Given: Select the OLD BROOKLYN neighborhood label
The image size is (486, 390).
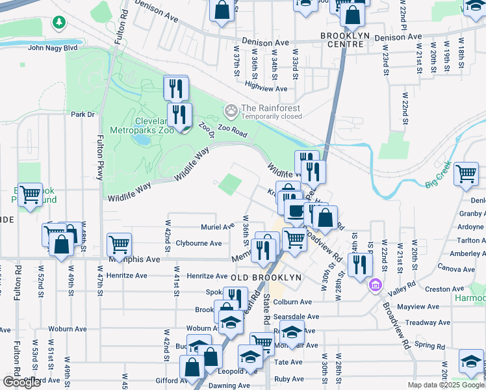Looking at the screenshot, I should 266,278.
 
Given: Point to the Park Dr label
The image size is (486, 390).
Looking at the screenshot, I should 83,114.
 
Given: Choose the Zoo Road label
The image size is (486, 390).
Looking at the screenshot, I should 233,132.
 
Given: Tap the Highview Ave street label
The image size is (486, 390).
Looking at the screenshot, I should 266,88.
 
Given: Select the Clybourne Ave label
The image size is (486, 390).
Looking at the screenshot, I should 202,244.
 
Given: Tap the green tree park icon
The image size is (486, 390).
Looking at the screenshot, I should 59,23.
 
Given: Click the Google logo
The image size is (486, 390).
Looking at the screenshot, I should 21,382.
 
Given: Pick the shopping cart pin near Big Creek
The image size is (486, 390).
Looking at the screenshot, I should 466,174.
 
